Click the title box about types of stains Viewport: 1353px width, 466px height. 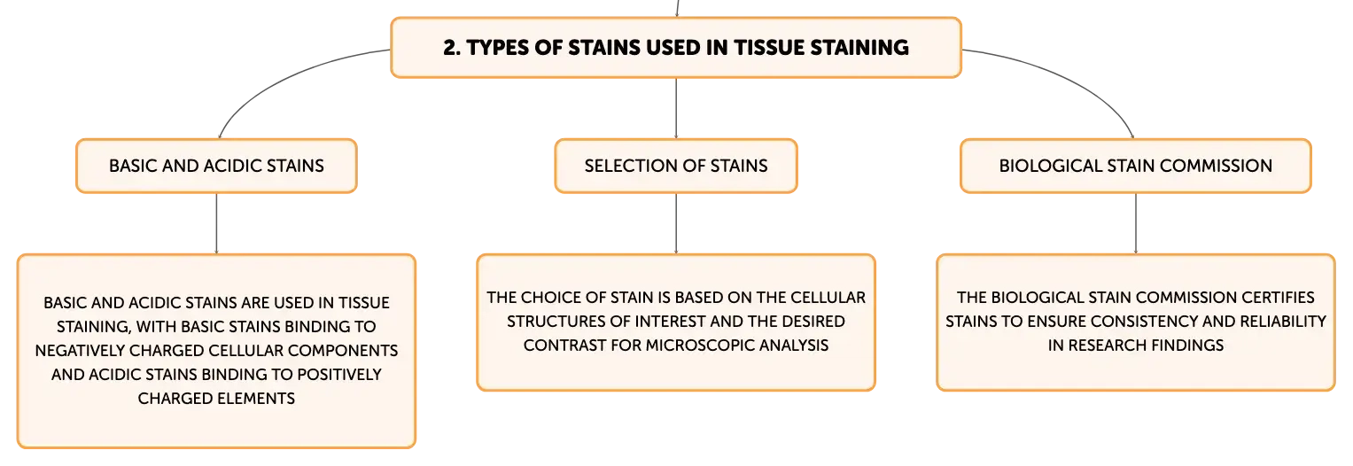click(x=676, y=47)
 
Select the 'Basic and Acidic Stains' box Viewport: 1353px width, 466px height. click(x=216, y=166)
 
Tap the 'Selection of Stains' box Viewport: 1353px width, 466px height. click(x=676, y=166)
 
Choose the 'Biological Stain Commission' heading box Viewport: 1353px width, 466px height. click(x=1136, y=166)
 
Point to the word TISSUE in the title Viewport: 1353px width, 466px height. click(x=768, y=48)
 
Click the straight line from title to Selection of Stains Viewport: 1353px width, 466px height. click(x=676, y=108)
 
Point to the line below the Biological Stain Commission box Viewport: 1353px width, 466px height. click(x=1136, y=223)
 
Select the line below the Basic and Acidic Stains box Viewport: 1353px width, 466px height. click(x=216, y=223)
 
